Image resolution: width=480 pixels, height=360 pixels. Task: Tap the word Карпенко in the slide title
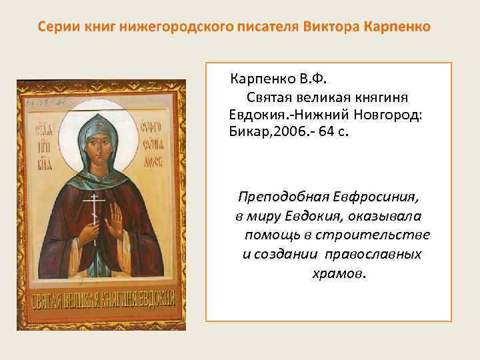398,27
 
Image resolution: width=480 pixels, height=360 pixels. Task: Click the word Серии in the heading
57,27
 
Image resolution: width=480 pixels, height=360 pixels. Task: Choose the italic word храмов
339,273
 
